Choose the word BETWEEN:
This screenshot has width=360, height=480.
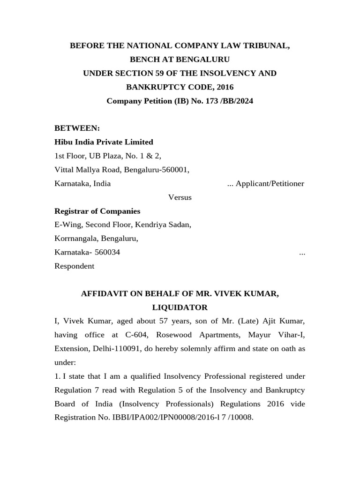pyautogui.click(x=77, y=128)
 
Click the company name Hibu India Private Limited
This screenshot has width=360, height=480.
pyautogui.click(x=104, y=142)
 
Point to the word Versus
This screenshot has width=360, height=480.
pyautogui.click(x=180, y=197)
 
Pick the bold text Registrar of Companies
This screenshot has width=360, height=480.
pyautogui.click(x=97, y=211)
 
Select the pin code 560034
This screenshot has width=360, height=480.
pyautogui.click(x=107, y=252)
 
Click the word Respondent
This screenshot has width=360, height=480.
pyautogui.click(x=75, y=266)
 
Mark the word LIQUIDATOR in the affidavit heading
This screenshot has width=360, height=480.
pyautogui.click(x=180, y=307)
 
